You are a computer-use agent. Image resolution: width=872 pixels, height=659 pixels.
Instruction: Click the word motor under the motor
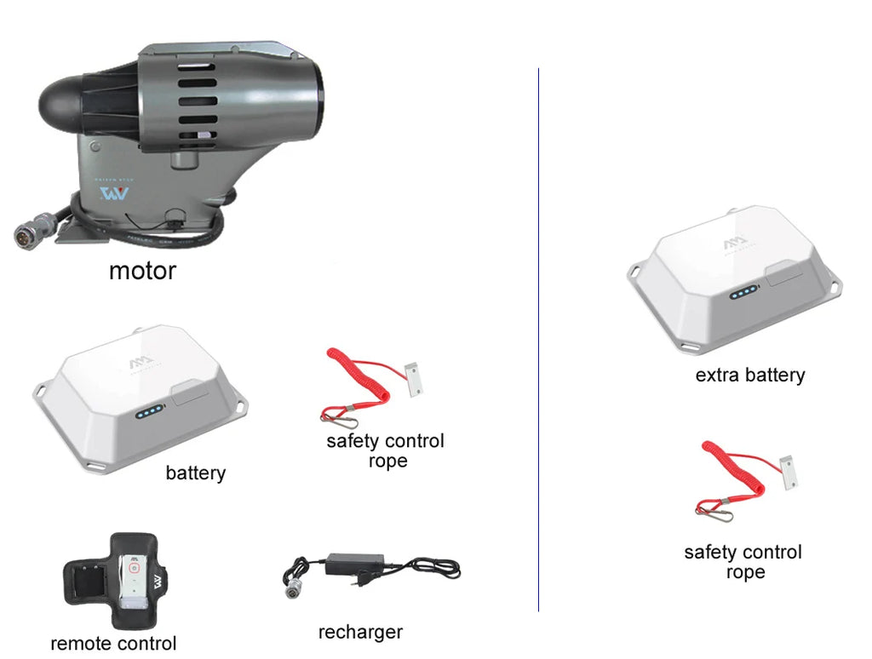[x=142, y=271]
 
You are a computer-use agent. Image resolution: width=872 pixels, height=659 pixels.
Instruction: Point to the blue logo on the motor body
[x=114, y=193]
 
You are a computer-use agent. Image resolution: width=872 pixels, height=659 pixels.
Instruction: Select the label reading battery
[x=196, y=473]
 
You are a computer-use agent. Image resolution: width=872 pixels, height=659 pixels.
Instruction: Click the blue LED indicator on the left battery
[x=149, y=411]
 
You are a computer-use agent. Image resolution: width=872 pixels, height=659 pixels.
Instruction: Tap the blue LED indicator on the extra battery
[x=743, y=292]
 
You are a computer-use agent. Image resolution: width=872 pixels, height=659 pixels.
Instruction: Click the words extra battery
[x=749, y=375]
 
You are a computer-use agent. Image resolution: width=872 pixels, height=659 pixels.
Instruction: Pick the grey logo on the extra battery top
[x=735, y=244]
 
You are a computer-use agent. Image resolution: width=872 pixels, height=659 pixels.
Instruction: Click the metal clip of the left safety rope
[x=339, y=418]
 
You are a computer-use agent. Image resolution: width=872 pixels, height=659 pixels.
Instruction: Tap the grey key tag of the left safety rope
[x=414, y=379]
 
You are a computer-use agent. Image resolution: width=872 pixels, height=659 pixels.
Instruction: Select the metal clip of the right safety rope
[x=714, y=512]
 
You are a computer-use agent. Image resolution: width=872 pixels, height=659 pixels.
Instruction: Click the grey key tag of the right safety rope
[x=789, y=473]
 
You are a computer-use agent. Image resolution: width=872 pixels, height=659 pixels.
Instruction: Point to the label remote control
[x=113, y=644]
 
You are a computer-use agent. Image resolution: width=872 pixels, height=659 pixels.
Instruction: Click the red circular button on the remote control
[x=134, y=569]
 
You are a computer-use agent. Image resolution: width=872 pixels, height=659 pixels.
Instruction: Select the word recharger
[x=360, y=633]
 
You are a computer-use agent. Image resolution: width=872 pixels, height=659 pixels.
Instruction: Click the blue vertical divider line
[x=538, y=340]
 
